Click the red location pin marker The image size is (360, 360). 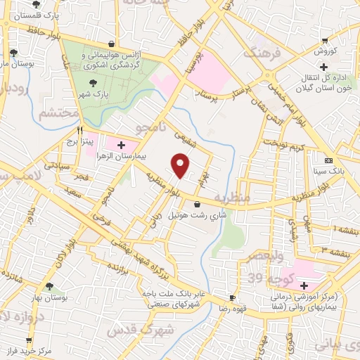[181, 166]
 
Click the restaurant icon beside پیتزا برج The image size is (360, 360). [80, 131]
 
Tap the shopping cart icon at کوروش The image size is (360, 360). [324, 41]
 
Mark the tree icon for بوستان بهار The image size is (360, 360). [49, 287]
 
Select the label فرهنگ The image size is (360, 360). [258, 53]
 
